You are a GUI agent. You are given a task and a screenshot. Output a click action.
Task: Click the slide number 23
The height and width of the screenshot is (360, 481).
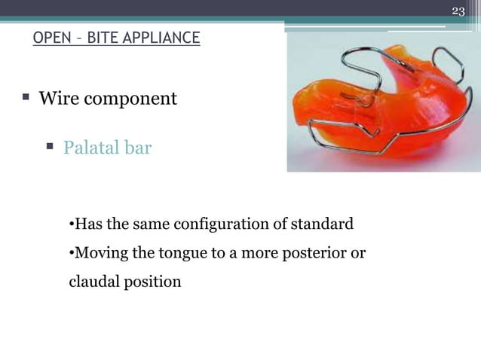458,10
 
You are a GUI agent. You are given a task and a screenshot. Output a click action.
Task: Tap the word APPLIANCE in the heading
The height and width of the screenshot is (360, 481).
164,37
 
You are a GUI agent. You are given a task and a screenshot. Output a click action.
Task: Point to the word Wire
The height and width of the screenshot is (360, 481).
58,99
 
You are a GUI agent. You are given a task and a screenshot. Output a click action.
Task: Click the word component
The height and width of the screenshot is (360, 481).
130,99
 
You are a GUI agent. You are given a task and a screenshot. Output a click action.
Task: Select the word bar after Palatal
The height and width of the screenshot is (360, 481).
139,148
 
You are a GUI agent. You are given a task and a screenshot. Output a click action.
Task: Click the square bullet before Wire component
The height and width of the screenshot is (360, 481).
26,98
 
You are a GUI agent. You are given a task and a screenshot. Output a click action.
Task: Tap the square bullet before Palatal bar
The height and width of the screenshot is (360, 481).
51,147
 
